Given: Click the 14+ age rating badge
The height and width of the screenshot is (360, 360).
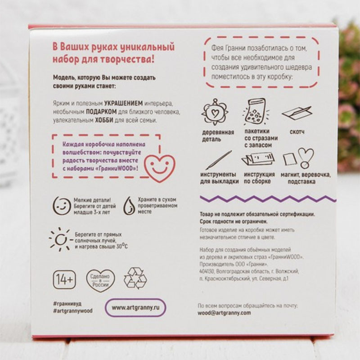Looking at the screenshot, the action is tap(64, 279).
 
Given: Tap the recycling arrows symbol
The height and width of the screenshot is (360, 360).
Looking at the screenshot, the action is tap(135, 278).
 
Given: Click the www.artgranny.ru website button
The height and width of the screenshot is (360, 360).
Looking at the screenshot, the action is tap(135, 307).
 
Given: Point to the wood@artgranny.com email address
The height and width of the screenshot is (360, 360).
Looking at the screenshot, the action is tap(224, 313).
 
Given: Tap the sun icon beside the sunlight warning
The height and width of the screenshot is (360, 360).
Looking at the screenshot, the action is tap(60, 239).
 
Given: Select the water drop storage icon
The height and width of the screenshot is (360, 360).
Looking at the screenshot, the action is tap(129, 206).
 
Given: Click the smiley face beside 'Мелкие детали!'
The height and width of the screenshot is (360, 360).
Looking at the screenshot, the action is tap(62, 206).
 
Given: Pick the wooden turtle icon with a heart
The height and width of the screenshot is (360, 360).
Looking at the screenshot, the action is tap(215, 112).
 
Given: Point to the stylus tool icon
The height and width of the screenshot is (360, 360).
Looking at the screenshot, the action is tap(219, 160).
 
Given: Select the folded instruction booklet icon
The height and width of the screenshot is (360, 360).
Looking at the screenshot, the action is tap(258, 159).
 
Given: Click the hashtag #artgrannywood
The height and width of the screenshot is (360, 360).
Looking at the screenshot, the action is tap(73, 311).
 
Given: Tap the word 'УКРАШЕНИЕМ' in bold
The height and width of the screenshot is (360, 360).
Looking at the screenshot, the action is tap(123, 103).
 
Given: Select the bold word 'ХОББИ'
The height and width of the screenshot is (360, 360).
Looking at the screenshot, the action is tap(104, 120).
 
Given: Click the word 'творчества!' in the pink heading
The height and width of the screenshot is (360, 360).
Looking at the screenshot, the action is tap(127, 60).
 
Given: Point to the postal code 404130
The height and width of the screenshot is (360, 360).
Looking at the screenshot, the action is tap(207, 272).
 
